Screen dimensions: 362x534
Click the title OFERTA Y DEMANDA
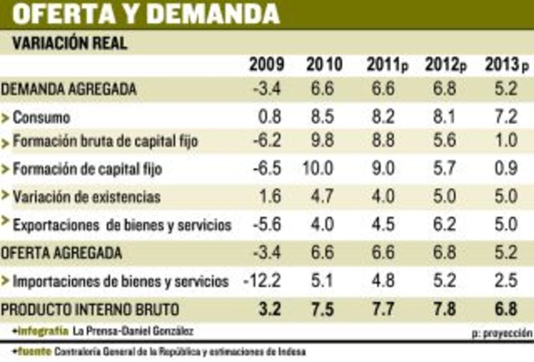click(x=145, y=13)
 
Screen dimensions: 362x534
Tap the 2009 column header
click(x=267, y=65)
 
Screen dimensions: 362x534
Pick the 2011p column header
click(x=387, y=65)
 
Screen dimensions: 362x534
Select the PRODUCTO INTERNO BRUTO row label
click(x=90, y=309)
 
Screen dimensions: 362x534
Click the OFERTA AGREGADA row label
click(x=61, y=253)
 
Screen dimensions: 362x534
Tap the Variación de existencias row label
click(x=87, y=197)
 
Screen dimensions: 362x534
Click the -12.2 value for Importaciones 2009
click(x=263, y=280)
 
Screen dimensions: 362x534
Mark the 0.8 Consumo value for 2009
click(x=271, y=117)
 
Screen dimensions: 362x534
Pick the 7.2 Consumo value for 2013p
click(x=505, y=117)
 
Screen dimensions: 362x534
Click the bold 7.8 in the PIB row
click(x=445, y=309)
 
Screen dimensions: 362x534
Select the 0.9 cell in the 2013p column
click(x=505, y=168)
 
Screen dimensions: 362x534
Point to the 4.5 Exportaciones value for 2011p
click(x=383, y=225)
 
